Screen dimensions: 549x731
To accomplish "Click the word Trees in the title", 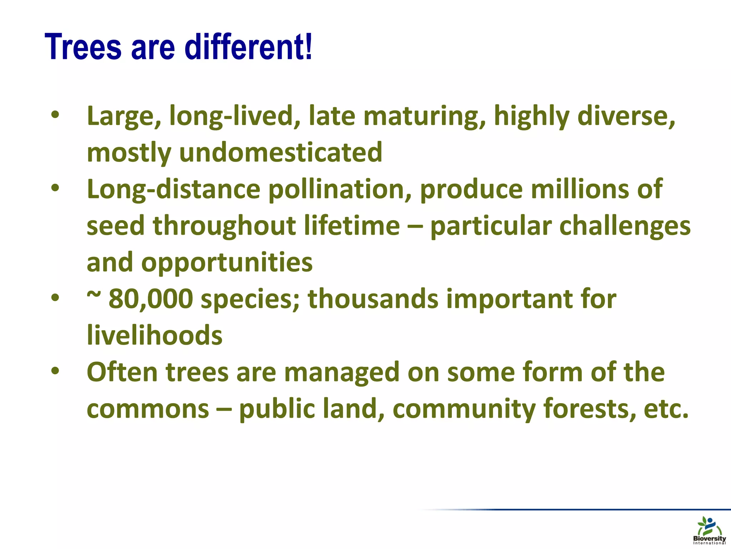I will (x=83, y=47).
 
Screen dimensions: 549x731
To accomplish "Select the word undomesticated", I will (x=281, y=153).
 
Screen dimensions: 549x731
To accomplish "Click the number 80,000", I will (x=151, y=299).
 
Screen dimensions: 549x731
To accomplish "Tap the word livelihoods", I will (x=155, y=335).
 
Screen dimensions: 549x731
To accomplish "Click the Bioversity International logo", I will (x=709, y=531).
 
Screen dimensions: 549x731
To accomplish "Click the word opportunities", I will (x=227, y=262).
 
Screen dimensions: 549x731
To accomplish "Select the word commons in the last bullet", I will (x=148, y=409).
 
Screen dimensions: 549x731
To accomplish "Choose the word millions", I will (x=580, y=189).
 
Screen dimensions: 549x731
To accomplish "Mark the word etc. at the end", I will (x=666, y=409).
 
